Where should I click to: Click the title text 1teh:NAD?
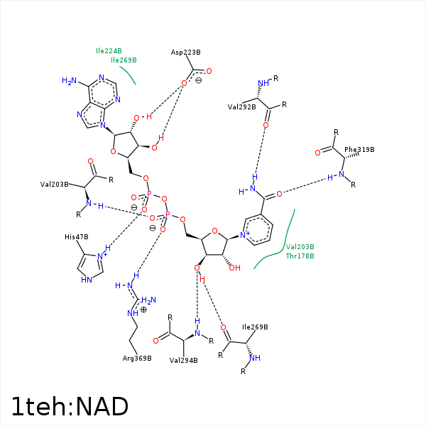70,406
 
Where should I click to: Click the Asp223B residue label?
186,53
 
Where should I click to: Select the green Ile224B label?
109,51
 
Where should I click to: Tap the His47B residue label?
75,237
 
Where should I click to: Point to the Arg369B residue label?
137,358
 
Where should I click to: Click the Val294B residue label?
183,361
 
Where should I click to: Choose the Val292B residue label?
241,107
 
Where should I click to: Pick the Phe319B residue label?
359,150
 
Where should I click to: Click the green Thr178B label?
300,256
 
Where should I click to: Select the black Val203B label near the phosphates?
55,185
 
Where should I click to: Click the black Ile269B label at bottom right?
255,327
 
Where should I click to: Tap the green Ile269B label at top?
124,60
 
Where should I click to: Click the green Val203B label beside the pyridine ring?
300,246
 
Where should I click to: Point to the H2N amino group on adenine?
69,81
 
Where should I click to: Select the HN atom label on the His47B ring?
86,280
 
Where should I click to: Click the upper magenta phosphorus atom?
149,193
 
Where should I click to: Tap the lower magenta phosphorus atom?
168,214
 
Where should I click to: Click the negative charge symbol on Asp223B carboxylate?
198,80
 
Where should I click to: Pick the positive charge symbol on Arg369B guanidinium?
143,310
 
